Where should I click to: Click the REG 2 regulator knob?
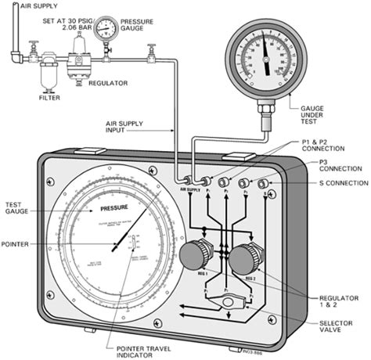point(250,256)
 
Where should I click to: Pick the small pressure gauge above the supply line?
point(121,28)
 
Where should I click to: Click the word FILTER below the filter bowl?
point(49,99)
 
